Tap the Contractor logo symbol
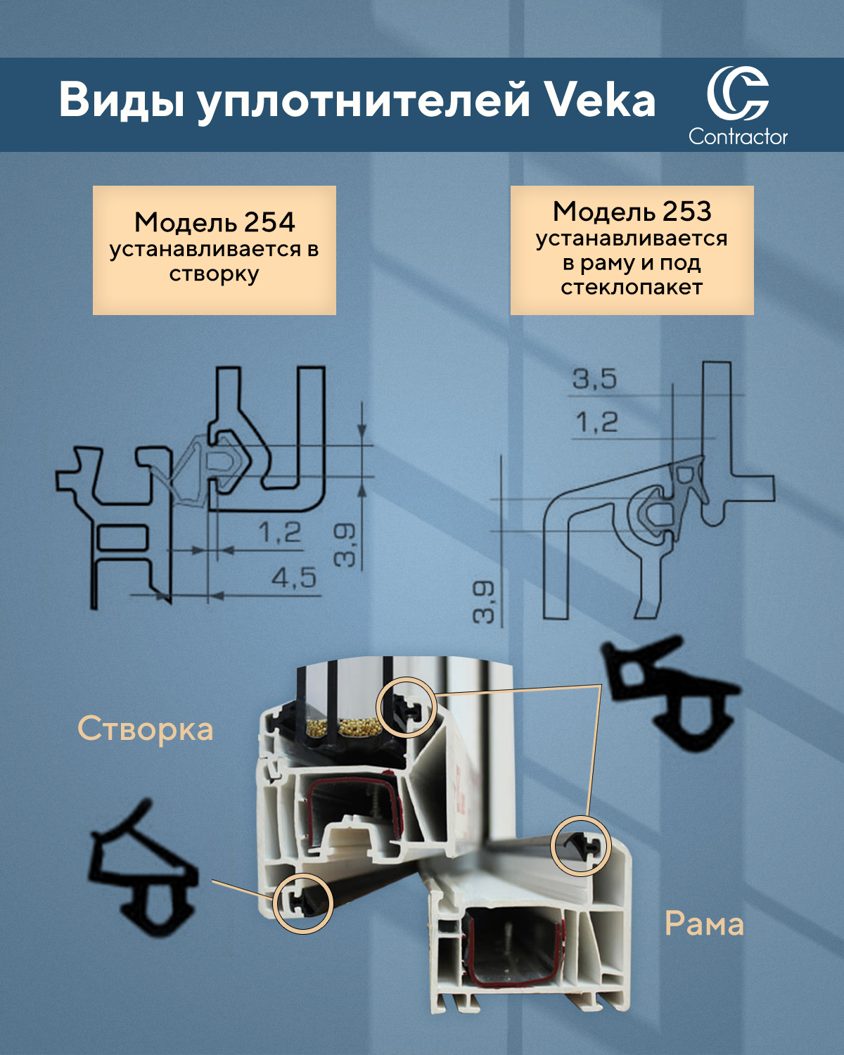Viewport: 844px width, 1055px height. pos(737,94)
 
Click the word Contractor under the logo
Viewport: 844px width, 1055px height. pos(738,136)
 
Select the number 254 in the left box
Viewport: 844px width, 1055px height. pos(269,222)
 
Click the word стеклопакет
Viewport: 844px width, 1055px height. pos(632,287)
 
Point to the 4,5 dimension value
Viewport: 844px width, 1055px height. pos(294,578)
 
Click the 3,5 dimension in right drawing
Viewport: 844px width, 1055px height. pos(594,379)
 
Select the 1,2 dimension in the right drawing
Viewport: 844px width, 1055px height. pos(596,421)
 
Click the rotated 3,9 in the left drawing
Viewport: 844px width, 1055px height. pos(344,544)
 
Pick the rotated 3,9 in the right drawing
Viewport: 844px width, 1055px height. pos(484,602)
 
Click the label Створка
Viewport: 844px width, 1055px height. pos(146,729)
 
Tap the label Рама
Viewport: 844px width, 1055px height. pos(704,925)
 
